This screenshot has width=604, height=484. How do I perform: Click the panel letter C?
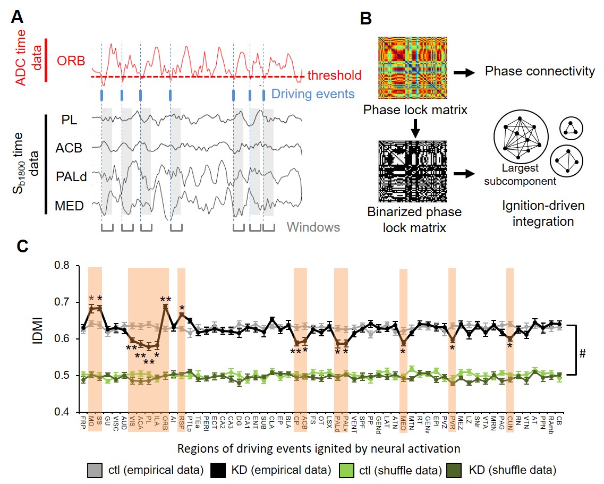point(18,248)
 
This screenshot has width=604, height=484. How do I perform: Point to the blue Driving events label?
point(313,95)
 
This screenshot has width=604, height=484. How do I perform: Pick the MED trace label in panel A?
point(70,205)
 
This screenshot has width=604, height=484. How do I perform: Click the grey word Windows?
point(313,227)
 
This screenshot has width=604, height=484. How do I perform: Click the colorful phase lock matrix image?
point(413,69)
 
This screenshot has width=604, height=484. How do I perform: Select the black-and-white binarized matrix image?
point(413,172)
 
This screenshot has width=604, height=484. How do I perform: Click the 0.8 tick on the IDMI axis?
point(66,266)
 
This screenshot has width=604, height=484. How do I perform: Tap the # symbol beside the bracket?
point(583,353)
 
